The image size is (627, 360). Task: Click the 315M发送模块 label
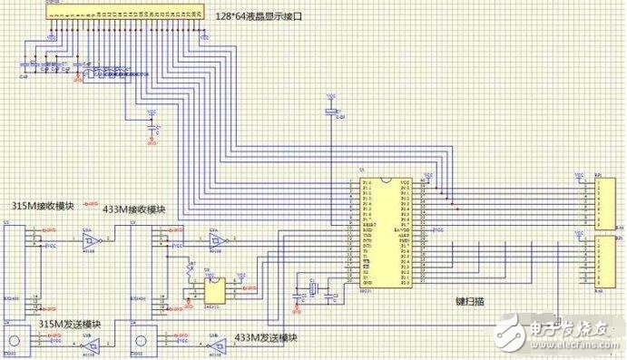click(69, 325)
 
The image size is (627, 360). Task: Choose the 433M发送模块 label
click(267, 337)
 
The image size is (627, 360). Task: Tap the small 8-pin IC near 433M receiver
click(215, 289)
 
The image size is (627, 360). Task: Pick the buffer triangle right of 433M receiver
click(217, 241)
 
